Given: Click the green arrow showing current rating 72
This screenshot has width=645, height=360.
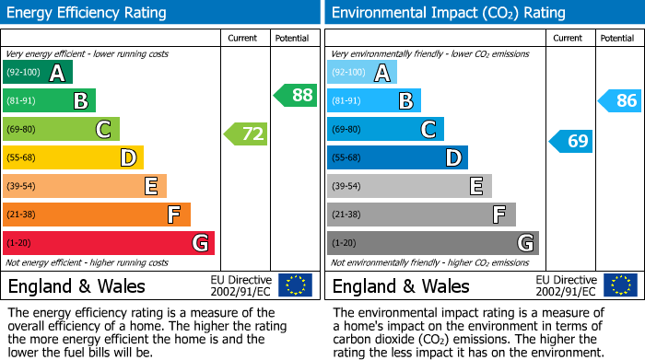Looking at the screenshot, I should tap(246, 134).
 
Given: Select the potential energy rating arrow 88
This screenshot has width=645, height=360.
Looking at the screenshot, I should tap(296, 95).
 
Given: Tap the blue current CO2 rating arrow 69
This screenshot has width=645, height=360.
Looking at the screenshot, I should tap(571, 141).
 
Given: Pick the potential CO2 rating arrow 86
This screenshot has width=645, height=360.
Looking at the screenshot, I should tap(620, 101).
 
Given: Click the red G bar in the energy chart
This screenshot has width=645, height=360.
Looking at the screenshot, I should tap(109, 243).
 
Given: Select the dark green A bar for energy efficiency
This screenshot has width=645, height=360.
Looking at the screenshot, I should tap(38, 73).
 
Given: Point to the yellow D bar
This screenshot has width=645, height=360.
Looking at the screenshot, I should tap(73, 158).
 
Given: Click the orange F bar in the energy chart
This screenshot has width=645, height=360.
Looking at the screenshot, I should tap(97, 215).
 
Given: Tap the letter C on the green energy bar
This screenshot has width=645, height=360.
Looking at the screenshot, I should tap(103, 130).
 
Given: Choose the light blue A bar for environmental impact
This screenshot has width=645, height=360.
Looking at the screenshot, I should tap(362, 73).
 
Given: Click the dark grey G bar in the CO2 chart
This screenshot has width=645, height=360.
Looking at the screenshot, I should tap(432, 243).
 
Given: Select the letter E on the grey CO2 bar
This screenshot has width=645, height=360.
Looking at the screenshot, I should tap(476, 186).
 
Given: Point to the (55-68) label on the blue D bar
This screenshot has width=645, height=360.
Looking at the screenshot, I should tap(347, 158).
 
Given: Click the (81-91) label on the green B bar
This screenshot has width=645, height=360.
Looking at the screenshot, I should tap(22, 101).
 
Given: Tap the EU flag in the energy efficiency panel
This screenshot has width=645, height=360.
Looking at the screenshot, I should tap(295, 285).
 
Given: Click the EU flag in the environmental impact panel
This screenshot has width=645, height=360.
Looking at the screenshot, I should tap(619, 285).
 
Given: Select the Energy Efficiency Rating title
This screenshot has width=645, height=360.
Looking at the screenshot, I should tap(88, 13).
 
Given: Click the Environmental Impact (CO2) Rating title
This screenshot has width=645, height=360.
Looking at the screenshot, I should tap(448, 13).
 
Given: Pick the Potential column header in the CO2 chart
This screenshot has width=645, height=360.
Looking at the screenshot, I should tap(617, 38).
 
